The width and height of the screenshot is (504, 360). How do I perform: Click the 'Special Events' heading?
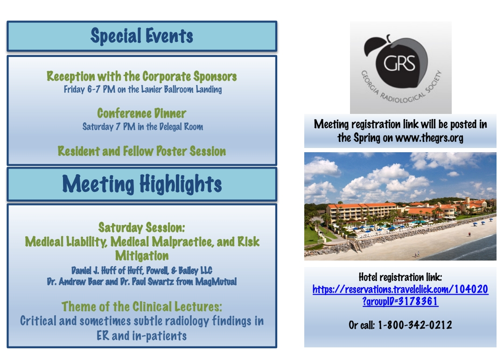click(142, 35)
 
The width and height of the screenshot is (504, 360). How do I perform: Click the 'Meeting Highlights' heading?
click(142, 184)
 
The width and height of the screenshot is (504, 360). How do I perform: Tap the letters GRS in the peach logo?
click(399, 63)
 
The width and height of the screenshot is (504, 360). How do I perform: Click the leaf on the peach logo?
click(374, 46)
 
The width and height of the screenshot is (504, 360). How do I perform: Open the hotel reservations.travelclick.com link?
click(400, 295)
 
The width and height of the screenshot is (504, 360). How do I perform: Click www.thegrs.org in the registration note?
click(429, 138)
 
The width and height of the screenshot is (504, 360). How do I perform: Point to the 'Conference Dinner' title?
click(141, 113)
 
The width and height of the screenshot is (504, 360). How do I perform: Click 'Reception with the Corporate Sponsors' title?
click(141, 76)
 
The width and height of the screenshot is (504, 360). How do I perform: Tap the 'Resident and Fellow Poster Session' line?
click(142, 151)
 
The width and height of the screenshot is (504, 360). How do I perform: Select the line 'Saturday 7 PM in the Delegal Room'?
click(143, 127)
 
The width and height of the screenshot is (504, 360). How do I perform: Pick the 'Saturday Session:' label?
click(142, 227)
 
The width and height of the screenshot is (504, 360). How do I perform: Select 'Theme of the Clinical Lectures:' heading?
click(142, 307)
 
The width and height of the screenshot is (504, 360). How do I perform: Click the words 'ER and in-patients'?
click(142, 336)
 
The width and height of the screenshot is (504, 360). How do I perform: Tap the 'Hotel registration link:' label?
click(400, 277)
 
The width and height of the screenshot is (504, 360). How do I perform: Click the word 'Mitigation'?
click(142, 256)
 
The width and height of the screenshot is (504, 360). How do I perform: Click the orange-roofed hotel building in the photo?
click(362, 212)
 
